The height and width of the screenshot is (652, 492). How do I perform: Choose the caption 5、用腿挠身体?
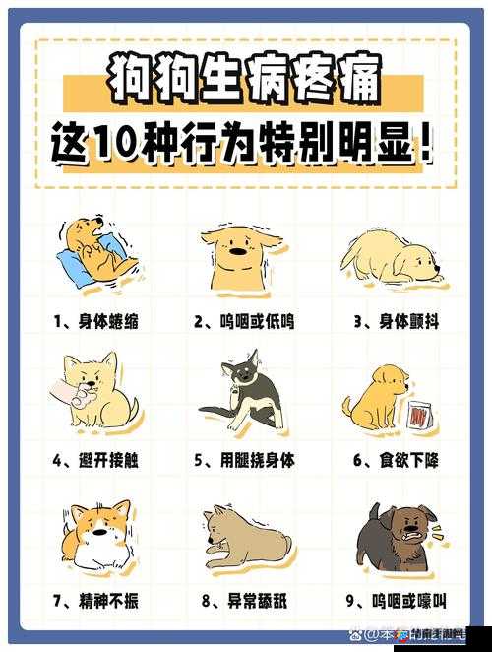click(x=244, y=459)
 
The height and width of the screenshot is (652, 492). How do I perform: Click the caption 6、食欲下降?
click(x=393, y=459)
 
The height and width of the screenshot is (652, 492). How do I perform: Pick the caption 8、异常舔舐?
click(x=244, y=599)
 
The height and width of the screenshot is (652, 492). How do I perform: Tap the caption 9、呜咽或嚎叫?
click(x=393, y=599)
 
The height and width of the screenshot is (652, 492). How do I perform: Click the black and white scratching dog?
click(x=244, y=394)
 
